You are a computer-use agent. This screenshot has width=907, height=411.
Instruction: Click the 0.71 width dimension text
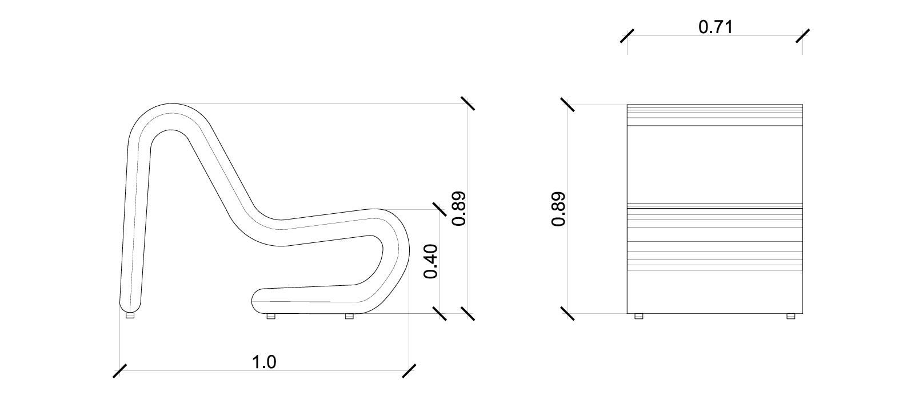(x=715, y=26)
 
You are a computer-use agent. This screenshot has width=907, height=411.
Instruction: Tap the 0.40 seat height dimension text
(x=431, y=261)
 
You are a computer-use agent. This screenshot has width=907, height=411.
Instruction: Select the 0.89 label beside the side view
(x=460, y=209)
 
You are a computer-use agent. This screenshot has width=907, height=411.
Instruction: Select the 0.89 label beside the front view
(x=559, y=209)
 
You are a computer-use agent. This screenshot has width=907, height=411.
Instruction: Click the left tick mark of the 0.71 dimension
(x=628, y=35)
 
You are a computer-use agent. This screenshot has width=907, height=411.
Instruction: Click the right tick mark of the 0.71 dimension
(x=802, y=35)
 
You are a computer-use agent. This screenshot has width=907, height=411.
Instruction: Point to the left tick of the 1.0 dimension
(x=119, y=370)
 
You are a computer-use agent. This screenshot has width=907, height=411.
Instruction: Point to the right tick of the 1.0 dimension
(x=409, y=370)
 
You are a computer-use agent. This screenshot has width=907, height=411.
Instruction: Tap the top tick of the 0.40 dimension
(x=439, y=210)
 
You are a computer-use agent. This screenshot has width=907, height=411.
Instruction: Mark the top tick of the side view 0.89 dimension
(x=468, y=103)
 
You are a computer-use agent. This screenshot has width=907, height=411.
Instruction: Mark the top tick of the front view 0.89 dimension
(x=568, y=105)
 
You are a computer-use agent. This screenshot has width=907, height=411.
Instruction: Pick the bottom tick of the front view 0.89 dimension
(x=568, y=313)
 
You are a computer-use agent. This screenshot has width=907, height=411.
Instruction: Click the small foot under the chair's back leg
(x=130, y=315)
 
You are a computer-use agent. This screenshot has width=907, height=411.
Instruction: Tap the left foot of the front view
(x=639, y=316)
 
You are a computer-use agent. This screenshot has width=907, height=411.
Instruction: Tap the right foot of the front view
(x=791, y=316)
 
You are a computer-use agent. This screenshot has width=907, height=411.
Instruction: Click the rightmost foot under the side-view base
(x=349, y=316)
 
